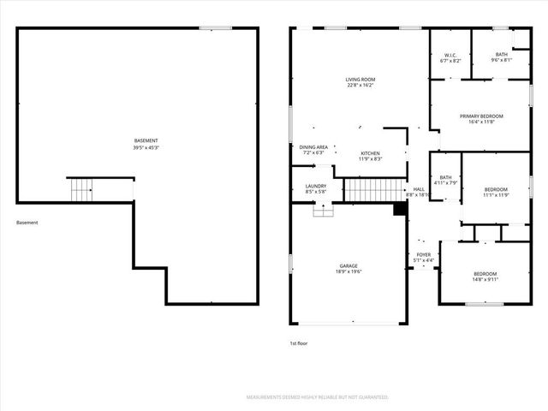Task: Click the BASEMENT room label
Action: [x=146, y=140]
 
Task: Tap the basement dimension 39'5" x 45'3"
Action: [x=146, y=148]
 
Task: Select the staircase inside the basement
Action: [x=80, y=190]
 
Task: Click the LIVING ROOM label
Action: [x=361, y=79]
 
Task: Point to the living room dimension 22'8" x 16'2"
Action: [x=361, y=86]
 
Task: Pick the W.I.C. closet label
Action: [x=450, y=55]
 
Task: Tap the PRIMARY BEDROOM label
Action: [x=481, y=116]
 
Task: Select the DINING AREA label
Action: [x=313, y=146]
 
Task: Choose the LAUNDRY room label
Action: [x=316, y=186]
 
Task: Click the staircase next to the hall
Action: [x=374, y=190]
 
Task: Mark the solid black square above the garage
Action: [x=399, y=208]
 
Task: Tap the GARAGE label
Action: [x=348, y=265]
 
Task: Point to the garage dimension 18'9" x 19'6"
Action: [x=348, y=272]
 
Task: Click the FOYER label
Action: [x=423, y=254]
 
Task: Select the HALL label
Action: [x=419, y=189]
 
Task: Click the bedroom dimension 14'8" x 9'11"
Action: [x=485, y=279]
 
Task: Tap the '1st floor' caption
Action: [x=299, y=343]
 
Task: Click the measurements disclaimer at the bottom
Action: [x=317, y=397]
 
